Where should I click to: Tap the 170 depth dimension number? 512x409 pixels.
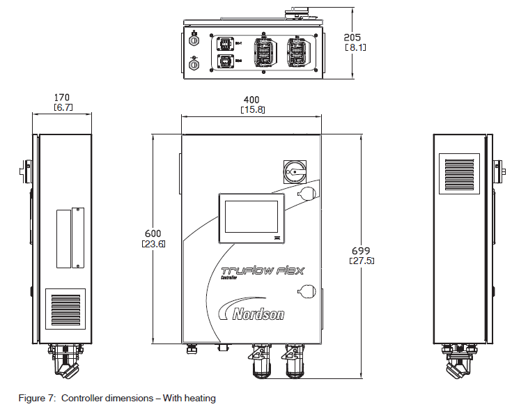click(62, 98)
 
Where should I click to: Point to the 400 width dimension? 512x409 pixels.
click(250, 100)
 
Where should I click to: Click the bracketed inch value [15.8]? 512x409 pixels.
click(250, 110)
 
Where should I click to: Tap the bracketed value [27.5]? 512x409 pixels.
click(360, 261)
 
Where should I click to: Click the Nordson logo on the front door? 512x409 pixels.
click(251, 312)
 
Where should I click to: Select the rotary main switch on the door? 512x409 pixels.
click(294, 169)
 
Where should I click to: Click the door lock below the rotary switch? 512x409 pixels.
click(306, 193)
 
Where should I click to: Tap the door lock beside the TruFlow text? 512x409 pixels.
click(306, 289)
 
